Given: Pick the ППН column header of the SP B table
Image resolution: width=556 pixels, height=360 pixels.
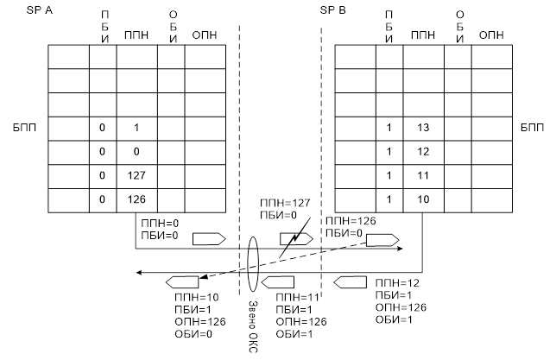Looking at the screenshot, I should tap(422, 35).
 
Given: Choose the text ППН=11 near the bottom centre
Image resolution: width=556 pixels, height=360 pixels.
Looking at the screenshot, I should tap(295, 297).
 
